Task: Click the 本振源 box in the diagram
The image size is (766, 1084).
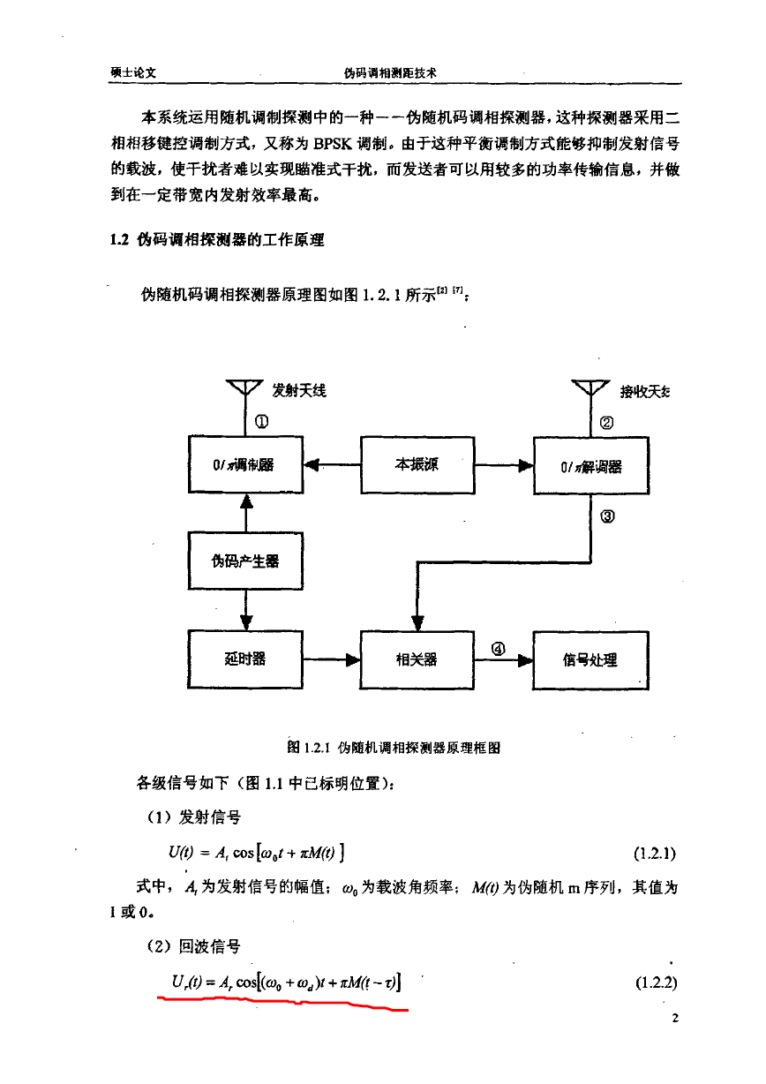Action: [x=417, y=465]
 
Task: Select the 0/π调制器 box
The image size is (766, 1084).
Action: [x=246, y=464]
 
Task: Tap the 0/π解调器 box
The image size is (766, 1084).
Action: [x=591, y=465]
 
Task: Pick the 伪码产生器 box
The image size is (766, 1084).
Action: [x=246, y=561]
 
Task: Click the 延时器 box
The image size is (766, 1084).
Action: [x=245, y=659]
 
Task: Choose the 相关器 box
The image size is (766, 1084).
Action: [x=417, y=659]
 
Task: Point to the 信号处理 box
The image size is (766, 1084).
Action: [x=591, y=660]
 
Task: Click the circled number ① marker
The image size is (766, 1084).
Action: [x=261, y=421]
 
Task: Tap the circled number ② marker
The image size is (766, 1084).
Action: [x=606, y=423]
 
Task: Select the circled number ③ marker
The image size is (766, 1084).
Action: [x=607, y=516]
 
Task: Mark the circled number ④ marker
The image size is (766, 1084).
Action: [x=498, y=649]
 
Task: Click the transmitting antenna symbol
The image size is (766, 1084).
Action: [x=244, y=388]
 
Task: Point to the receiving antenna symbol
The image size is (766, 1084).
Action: [x=590, y=388]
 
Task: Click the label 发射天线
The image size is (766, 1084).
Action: [x=299, y=390]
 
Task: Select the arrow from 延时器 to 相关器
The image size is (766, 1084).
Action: [x=332, y=659]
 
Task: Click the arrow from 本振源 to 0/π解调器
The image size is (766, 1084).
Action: [x=504, y=465]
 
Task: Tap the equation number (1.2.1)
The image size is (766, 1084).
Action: [x=655, y=854]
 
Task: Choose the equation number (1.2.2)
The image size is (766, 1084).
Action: [x=656, y=982]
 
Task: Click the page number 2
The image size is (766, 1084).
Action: [x=675, y=1018]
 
